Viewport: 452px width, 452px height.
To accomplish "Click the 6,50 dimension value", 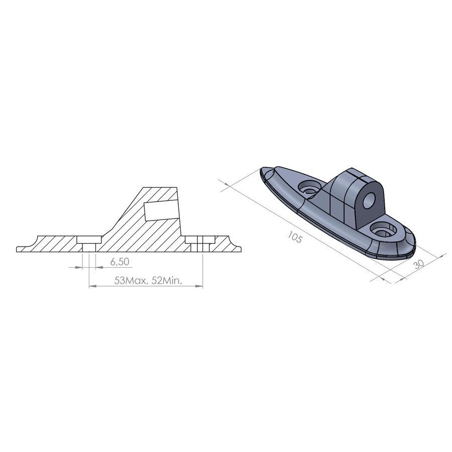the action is (120, 262).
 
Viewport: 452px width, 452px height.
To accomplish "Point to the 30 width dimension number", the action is (418, 264).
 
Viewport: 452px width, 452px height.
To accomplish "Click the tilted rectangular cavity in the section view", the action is (160, 210).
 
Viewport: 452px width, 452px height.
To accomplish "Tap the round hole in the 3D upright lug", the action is (369, 200).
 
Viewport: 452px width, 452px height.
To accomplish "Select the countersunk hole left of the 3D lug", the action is (310, 187).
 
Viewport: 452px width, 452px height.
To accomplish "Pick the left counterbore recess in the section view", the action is (89, 240).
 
